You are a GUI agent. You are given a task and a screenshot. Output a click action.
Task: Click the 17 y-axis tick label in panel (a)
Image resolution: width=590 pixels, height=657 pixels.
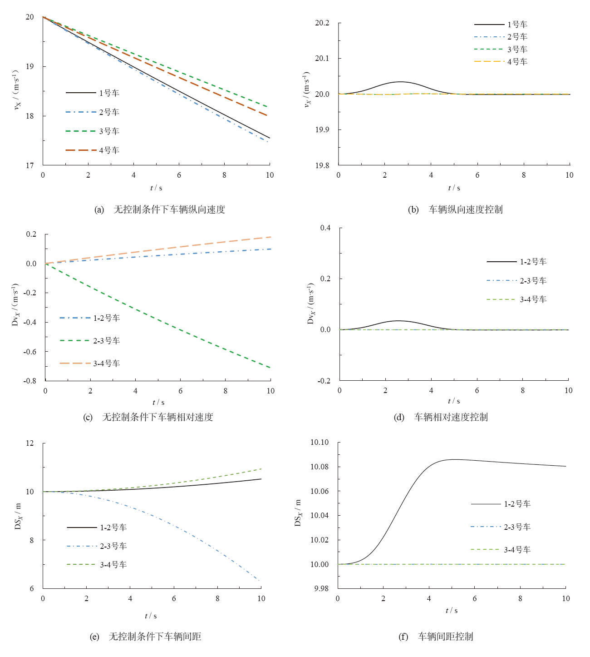tap(29, 165)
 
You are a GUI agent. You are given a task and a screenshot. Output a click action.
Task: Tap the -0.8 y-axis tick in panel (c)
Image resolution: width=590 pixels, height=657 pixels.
tap(30, 381)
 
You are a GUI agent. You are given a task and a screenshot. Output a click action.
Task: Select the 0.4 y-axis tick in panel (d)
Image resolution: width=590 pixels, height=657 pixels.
tap(325, 228)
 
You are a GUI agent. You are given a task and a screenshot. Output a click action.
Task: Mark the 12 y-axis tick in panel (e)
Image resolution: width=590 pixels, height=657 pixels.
tap(29, 443)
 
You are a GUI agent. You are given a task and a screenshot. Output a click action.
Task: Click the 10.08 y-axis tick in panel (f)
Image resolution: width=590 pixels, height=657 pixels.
tap(320, 467)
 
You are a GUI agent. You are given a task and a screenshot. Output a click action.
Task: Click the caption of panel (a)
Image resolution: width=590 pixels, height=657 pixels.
tap(160, 209)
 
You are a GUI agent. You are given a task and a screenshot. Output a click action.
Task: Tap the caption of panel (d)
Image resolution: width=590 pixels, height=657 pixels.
tap(441, 417)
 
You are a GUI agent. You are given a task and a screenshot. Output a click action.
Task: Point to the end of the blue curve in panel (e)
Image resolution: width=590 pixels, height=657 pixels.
tap(260, 581)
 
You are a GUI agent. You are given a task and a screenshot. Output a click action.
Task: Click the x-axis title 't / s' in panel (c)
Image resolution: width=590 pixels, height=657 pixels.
tap(158, 403)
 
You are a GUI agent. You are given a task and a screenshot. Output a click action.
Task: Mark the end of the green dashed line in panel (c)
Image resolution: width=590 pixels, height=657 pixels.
tap(270, 368)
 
